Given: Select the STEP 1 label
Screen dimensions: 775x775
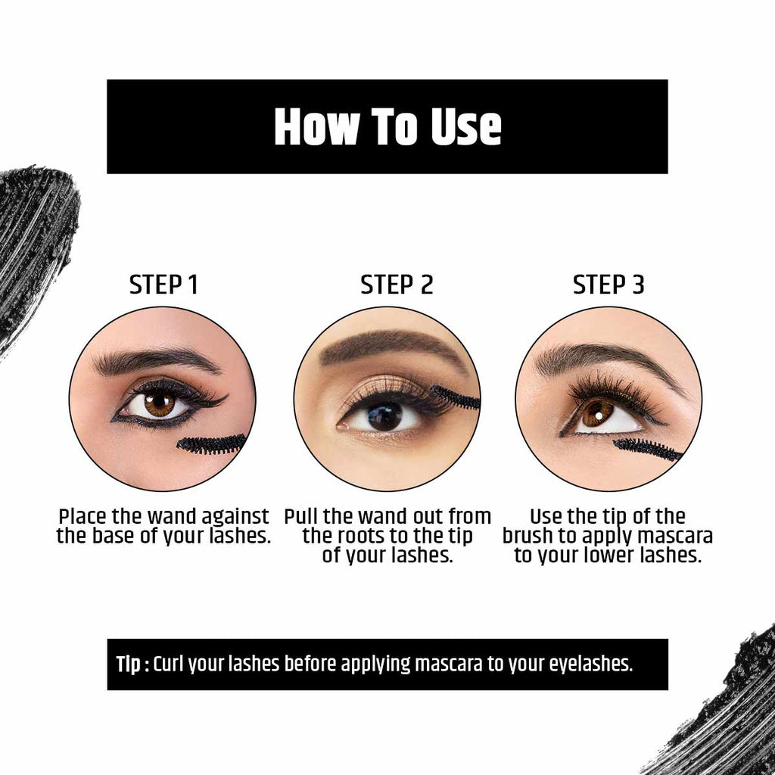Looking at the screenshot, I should [x=163, y=285].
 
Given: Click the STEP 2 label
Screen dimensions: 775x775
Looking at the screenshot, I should [x=397, y=285].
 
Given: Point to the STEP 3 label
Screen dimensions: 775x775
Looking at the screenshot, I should [x=608, y=285].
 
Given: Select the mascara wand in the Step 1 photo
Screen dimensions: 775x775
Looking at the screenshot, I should [x=212, y=444].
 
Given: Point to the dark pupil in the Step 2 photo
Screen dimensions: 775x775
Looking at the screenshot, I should [x=385, y=416].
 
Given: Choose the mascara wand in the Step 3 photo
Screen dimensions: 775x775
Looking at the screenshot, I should [x=647, y=449].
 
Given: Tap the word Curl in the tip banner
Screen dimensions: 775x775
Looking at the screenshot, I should [x=169, y=665].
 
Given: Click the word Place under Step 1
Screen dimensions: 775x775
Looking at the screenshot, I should [x=83, y=517].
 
